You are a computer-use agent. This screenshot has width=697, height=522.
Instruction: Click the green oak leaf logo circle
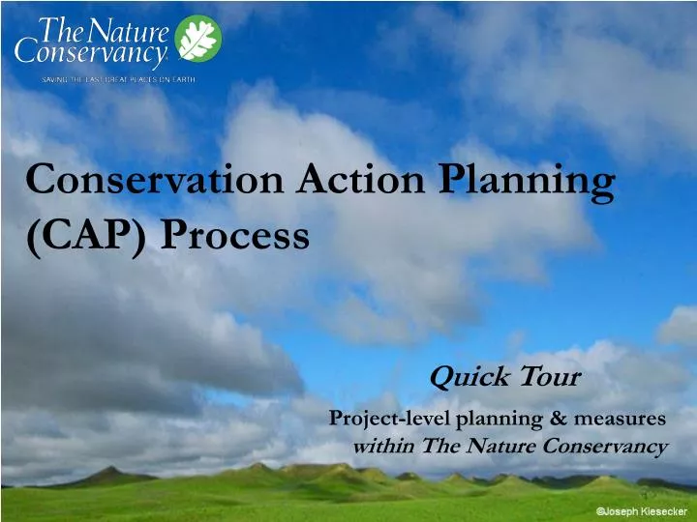pyautogui.click(x=198, y=39)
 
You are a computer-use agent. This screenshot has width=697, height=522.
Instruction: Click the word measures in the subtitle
pyautogui.click(x=626, y=419)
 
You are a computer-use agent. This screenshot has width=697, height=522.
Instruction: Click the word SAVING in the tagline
pyautogui.click(x=54, y=79)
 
